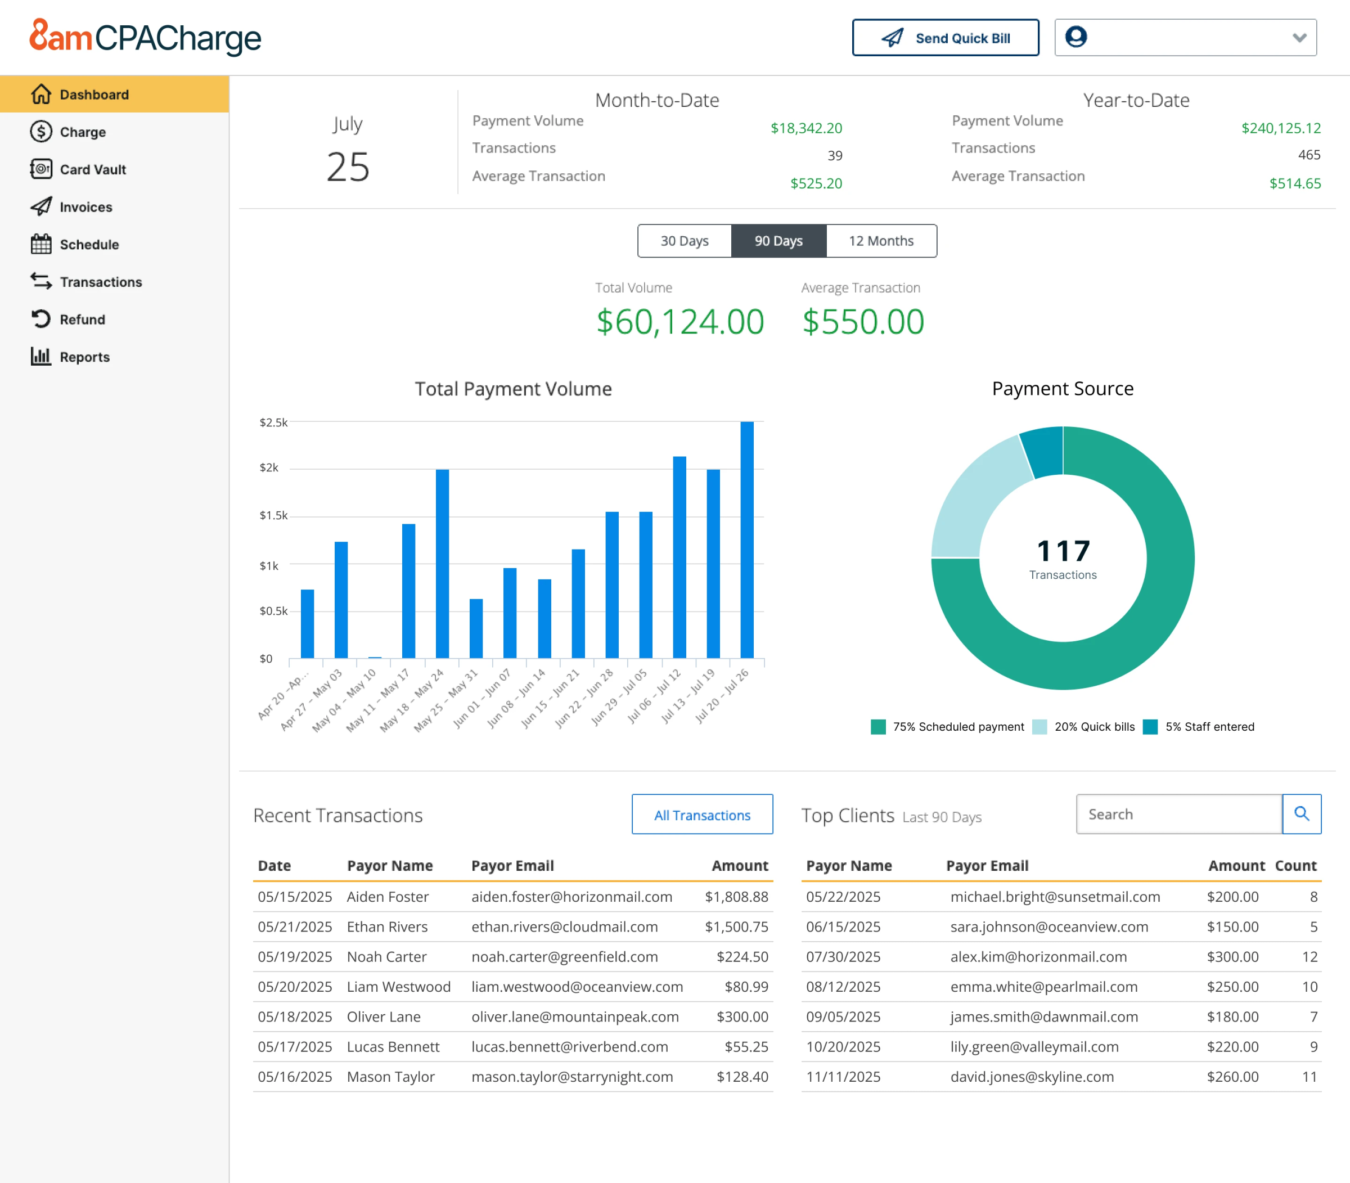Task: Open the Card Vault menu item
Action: [x=92, y=170]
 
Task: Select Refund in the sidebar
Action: [x=82, y=320]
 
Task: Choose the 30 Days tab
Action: [x=684, y=241]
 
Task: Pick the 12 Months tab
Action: [x=881, y=241]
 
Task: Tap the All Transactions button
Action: [x=702, y=815]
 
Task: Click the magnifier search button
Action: [x=1301, y=814]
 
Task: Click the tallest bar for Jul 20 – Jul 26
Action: [x=746, y=539]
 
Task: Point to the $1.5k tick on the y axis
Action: [x=273, y=516]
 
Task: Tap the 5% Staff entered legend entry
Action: [x=1209, y=727]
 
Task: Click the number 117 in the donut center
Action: [x=1063, y=551]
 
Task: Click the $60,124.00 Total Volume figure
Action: [x=680, y=322]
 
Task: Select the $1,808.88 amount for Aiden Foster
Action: [x=736, y=897]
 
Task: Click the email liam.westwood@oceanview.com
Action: [x=577, y=986]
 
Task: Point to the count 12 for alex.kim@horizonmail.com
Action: [x=1309, y=956]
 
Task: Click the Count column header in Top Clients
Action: [x=1295, y=866]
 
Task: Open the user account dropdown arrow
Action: [x=1299, y=38]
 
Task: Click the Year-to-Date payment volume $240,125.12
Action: [x=1281, y=128]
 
